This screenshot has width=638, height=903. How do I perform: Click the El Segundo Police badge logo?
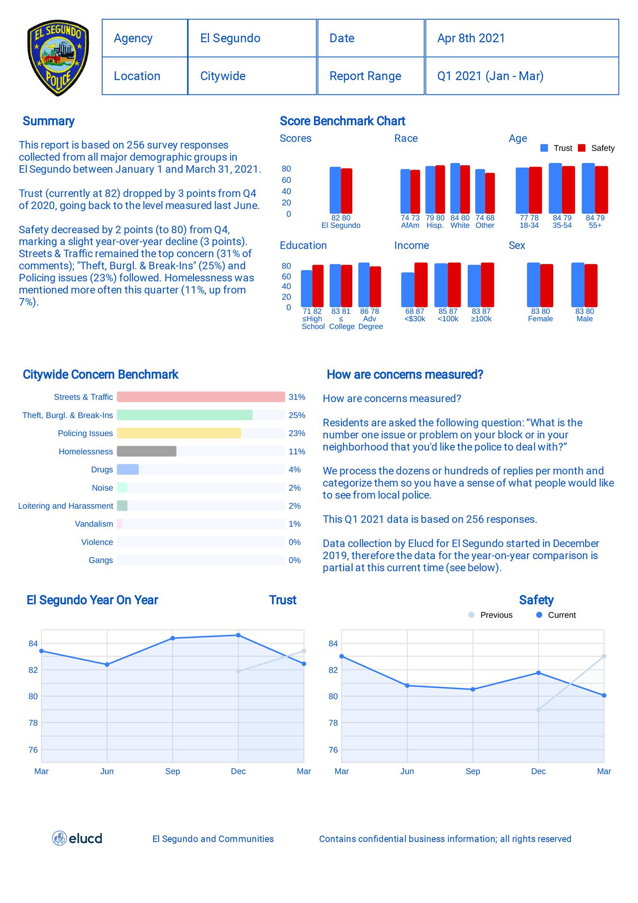(x=58, y=57)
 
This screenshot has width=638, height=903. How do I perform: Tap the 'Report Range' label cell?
(x=365, y=76)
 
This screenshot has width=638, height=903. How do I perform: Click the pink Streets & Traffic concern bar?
(x=201, y=397)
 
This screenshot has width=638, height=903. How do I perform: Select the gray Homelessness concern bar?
(x=146, y=451)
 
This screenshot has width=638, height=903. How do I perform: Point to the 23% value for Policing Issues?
(x=297, y=433)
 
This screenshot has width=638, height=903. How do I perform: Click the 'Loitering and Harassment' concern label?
(x=65, y=506)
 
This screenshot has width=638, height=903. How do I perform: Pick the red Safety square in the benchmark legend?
(x=582, y=148)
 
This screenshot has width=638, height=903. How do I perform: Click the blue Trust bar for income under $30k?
(x=407, y=290)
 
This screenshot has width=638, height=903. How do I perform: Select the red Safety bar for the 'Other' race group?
(x=490, y=193)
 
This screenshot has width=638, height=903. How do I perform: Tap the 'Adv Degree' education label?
(x=370, y=323)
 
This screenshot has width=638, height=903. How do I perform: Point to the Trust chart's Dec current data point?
(x=238, y=635)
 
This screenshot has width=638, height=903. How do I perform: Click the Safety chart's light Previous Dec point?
(x=538, y=709)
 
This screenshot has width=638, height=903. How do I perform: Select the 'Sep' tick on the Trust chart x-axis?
(x=172, y=771)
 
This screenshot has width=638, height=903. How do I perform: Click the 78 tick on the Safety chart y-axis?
(x=333, y=723)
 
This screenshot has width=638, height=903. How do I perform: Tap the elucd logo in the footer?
(x=77, y=838)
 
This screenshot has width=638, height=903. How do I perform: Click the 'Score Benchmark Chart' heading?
(x=342, y=121)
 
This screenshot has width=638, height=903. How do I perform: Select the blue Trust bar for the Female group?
(x=533, y=285)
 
